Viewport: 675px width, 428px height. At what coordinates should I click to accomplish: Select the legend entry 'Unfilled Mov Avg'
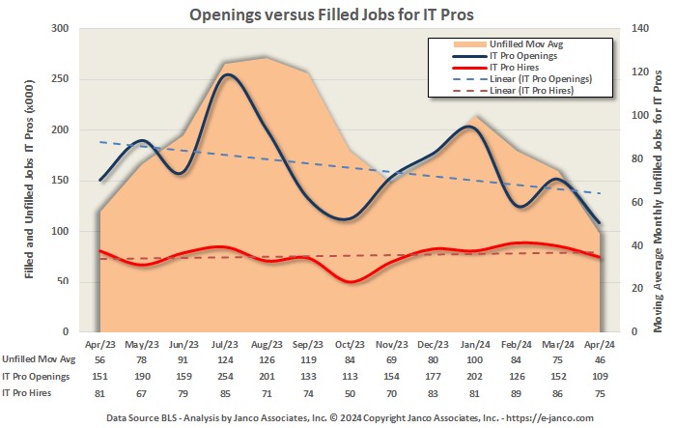point(520,43)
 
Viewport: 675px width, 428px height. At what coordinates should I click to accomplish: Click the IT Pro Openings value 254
point(227,376)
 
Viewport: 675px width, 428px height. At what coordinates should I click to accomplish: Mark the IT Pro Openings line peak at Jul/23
point(227,74)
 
